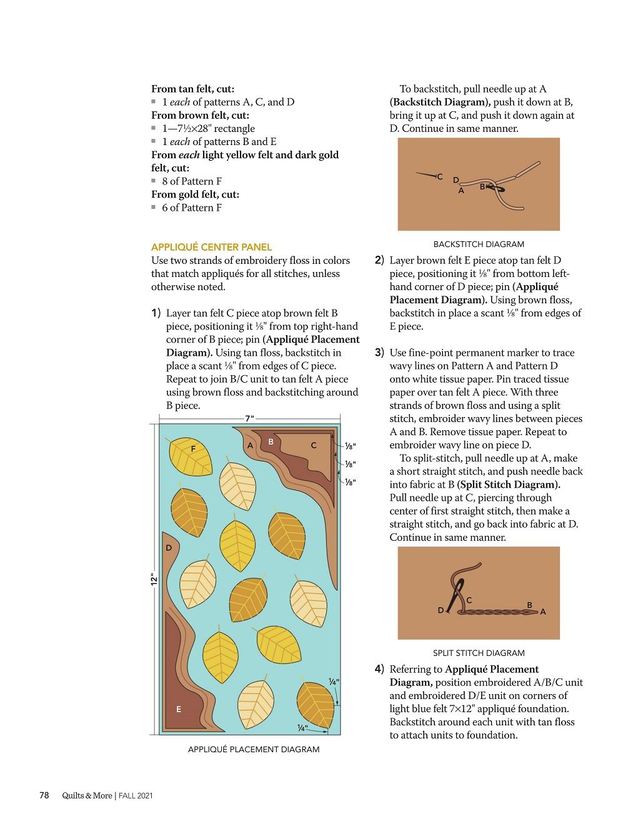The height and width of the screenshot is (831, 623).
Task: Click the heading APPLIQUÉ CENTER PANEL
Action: pyautogui.click(x=211, y=247)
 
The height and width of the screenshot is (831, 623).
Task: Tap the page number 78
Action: pyautogui.click(x=44, y=795)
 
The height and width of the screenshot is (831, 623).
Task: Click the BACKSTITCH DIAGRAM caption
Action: pyautogui.click(x=479, y=244)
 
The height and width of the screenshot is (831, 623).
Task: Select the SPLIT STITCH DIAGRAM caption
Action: pyautogui.click(x=479, y=653)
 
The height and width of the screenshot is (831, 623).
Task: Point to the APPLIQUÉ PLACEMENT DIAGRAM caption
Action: pyautogui.click(x=253, y=749)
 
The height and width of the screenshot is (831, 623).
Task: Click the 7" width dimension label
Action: pyautogui.click(x=249, y=418)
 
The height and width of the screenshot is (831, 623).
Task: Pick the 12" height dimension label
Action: pyautogui.click(x=153, y=579)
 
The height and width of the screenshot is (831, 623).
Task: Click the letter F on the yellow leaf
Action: pyautogui.click(x=193, y=449)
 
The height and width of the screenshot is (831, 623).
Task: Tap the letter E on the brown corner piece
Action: pyautogui.click(x=179, y=709)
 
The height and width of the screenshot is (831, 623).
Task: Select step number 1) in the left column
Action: pyautogui.click(x=156, y=313)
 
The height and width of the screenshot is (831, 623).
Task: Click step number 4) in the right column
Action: pyautogui.click(x=379, y=669)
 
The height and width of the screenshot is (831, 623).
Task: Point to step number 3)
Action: pyautogui.click(x=379, y=353)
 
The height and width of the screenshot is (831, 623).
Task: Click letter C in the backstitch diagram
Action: pyautogui.click(x=440, y=177)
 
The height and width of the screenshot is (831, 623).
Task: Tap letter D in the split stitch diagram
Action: pyautogui.click(x=441, y=610)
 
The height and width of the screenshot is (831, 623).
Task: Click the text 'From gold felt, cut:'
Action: pyautogui.click(x=195, y=194)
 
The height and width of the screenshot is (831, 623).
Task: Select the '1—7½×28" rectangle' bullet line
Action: pyautogui.click(x=208, y=128)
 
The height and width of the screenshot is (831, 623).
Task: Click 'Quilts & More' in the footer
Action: pyautogui.click(x=87, y=796)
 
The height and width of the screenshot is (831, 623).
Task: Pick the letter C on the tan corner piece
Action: pyautogui.click(x=314, y=445)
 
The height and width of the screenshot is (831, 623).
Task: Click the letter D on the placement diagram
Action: pyautogui.click(x=169, y=548)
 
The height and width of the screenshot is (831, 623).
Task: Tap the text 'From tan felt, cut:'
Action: pyautogui.click(x=192, y=89)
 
